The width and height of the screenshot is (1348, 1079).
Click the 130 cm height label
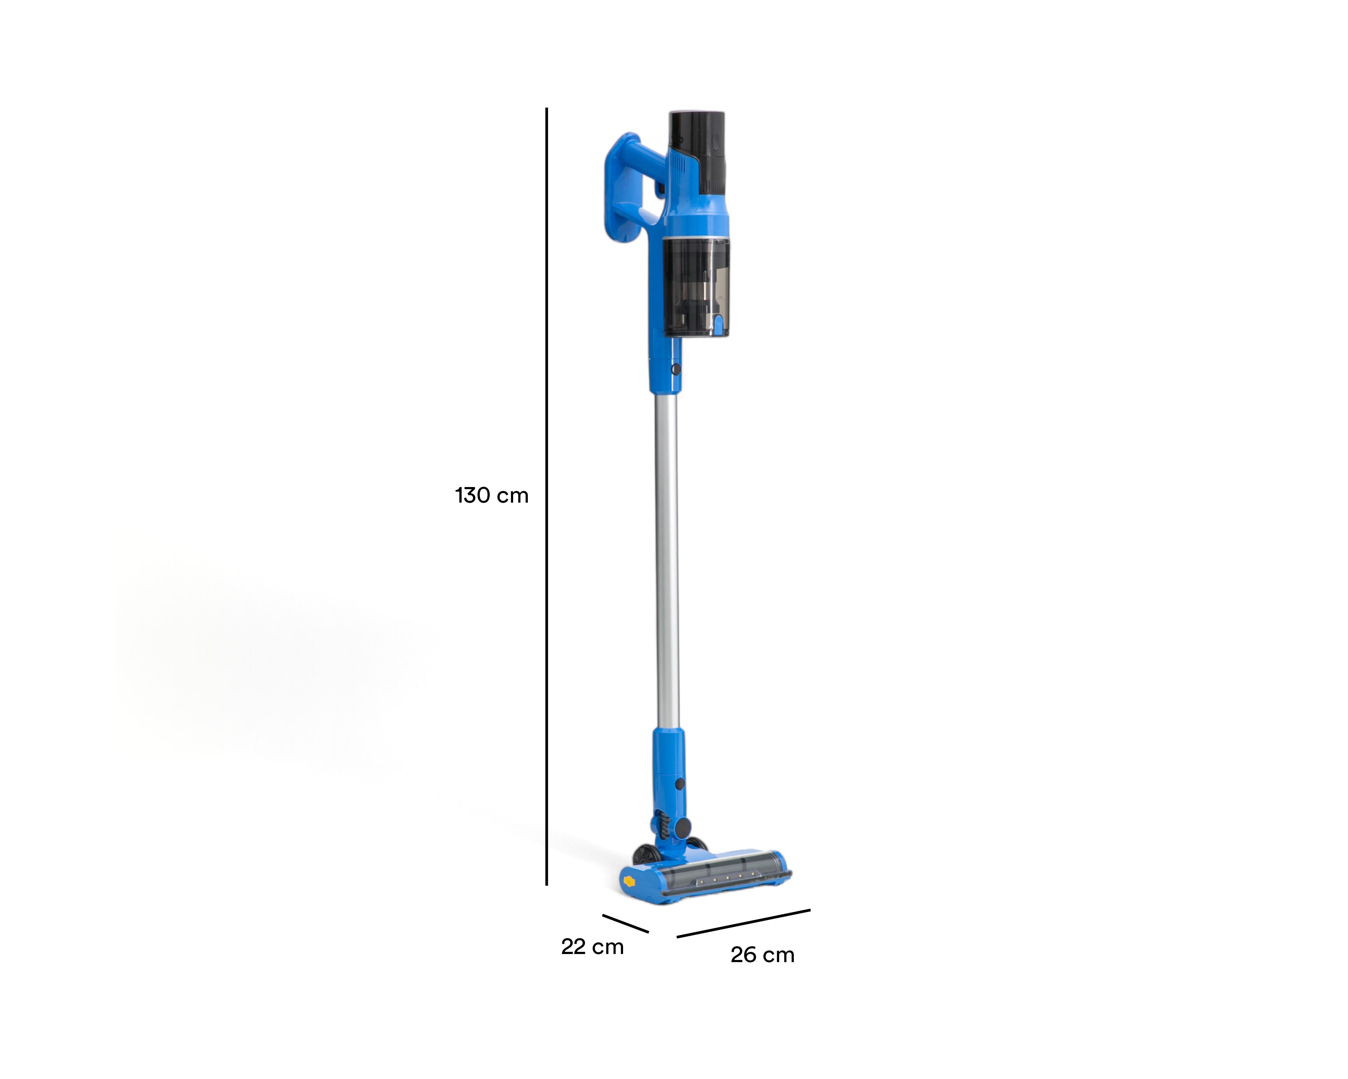point(492,495)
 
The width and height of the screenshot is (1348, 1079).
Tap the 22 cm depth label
point(592,947)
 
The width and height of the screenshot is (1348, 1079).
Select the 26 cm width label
point(762,955)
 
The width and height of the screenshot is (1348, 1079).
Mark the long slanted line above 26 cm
point(743,923)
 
